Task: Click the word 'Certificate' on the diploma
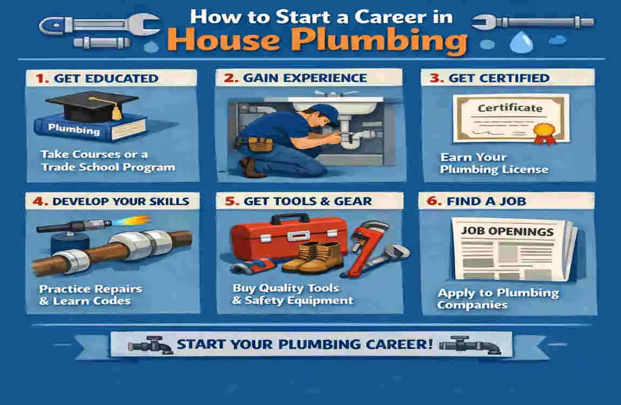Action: tap(510, 108)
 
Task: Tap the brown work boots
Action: tap(313, 258)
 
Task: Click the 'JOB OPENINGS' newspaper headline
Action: tap(507, 232)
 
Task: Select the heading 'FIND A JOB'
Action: tap(486, 201)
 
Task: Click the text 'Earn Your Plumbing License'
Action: tap(494, 164)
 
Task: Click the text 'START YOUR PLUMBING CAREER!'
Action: tap(305, 344)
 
